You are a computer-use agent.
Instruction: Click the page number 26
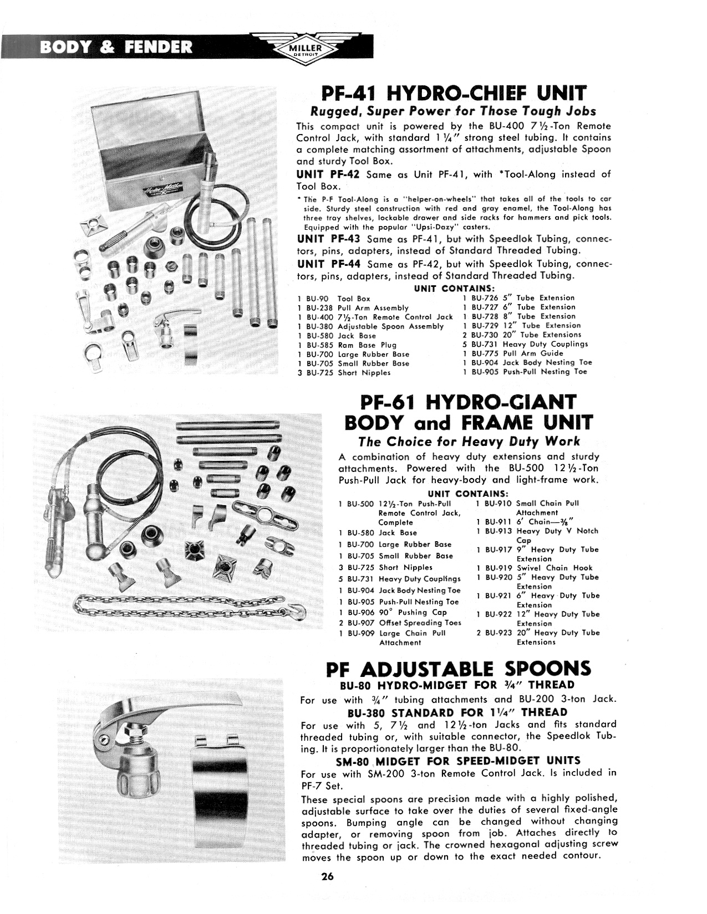click(327, 876)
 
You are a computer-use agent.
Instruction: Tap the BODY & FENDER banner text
click(116, 47)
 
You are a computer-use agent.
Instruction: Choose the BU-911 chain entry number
click(496, 522)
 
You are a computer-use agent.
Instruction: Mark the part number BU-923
click(496, 633)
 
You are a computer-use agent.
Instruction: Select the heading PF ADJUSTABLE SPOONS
click(459, 669)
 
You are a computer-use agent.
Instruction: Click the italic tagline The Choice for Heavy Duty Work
click(469, 441)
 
